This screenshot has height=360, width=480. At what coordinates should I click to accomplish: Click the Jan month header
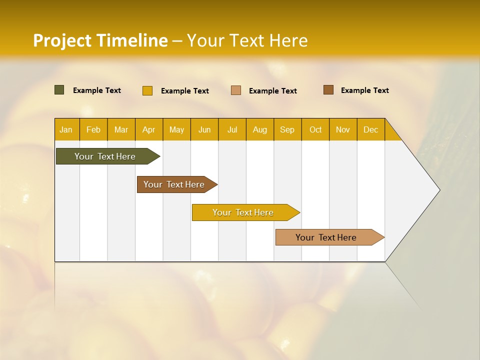(66, 129)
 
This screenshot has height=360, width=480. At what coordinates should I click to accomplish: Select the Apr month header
(149, 129)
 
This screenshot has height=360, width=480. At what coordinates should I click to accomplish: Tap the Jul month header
(232, 129)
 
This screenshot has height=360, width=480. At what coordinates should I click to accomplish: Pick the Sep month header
(287, 129)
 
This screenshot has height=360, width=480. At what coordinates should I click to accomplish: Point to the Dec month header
(370, 129)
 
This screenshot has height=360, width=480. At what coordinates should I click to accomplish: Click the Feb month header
(93, 129)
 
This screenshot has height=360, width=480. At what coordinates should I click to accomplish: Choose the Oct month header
(315, 129)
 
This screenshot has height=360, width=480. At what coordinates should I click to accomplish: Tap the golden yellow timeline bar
(243, 212)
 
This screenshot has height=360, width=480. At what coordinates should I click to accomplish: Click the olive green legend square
(59, 90)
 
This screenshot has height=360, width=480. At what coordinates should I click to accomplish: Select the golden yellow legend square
(147, 90)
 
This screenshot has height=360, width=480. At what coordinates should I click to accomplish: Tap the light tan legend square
(235, 90)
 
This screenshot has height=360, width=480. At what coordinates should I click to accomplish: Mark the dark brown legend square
(328, 90)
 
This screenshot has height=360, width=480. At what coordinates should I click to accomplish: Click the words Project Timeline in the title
(100, 40)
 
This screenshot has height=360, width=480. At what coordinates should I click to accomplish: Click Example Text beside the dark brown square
(364, 90)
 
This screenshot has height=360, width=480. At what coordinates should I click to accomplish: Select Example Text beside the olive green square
(96, 90)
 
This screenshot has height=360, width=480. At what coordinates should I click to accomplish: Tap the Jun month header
(204, 129)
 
